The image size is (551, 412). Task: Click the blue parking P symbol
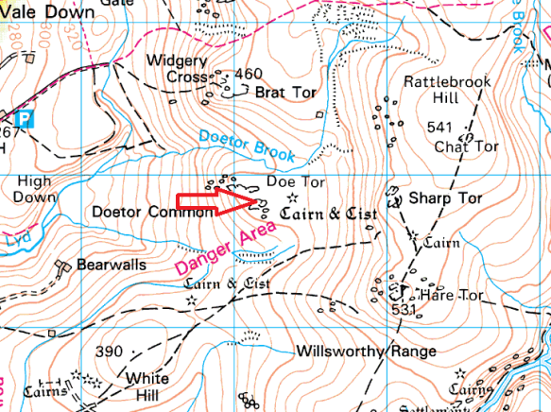click(26, 118)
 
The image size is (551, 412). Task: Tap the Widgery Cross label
click(177, 69)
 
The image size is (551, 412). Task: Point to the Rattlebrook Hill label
click(447, 91)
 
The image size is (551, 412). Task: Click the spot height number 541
click(440, 128)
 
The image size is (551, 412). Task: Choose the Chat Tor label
click(466, 146)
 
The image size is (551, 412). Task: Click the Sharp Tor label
click(445, 199)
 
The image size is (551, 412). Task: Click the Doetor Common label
click(153, 213)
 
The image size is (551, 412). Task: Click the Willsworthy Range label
click(365, 352)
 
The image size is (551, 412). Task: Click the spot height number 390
click(110, 352)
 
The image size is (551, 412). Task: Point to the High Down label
click(34, 189)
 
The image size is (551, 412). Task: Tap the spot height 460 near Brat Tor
click(248, 74)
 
